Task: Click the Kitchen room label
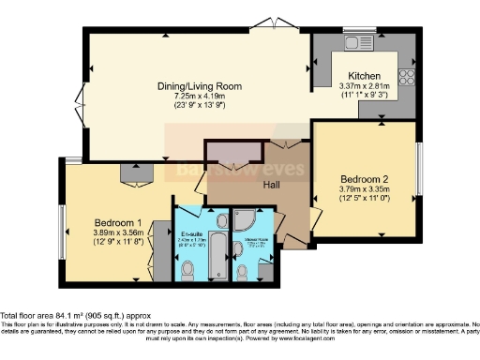(x=363, y=75)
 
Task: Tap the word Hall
(x=271, y=185)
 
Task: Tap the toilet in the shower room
(x=243, y=272)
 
